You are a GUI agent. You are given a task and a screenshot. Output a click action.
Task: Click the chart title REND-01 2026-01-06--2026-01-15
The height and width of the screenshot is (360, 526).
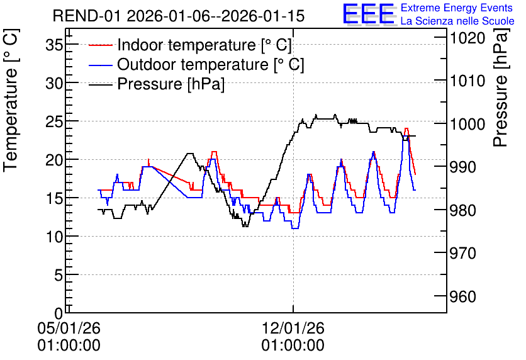pyautogui.click(x=179, y=16)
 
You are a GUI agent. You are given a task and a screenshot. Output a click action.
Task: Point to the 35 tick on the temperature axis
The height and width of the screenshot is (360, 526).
pyautogui.click(x=54, y=45)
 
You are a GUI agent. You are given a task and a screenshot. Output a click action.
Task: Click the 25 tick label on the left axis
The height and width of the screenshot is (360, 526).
pyautogui.click(x=54, y=121)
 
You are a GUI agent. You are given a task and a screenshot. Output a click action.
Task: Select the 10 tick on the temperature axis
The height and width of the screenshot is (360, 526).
pyautogui.click(x=54, y=237)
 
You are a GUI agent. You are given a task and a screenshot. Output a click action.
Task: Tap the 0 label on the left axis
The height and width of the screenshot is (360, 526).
pyautogui.click(x=59, y=313)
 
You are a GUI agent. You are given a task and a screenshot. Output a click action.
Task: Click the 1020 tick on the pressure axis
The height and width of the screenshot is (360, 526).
pyautogui.click(x=467, y=38)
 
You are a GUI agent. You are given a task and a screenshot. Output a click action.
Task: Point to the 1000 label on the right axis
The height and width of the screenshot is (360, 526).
pyautogui.click(x=467, y=125)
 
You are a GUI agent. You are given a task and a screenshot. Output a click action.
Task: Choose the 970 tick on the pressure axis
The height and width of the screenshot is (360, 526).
pyautogui.click(x=463, y=253)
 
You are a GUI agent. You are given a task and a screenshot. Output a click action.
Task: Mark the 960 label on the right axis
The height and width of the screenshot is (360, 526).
pyautogui.click(x=463, y=296)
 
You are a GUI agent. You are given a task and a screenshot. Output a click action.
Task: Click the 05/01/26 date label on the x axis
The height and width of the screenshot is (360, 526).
pyautogui.click(x=69, y=328)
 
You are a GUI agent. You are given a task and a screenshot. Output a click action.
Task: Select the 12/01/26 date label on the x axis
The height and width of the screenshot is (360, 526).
pyautogui.click(x=293, y=328)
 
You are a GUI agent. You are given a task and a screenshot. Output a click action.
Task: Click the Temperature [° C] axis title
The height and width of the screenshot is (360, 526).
pyautogui.click(x=11, y=101)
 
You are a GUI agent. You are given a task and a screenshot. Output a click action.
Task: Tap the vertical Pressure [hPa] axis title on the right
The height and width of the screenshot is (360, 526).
pyautogui.click(x=501, y=87)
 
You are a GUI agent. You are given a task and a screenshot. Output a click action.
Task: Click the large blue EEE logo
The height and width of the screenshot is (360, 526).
pyautogui.click(x=368, y=14)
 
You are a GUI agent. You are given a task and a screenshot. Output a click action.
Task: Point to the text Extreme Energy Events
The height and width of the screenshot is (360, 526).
pyautogui.click(x=457, y=8)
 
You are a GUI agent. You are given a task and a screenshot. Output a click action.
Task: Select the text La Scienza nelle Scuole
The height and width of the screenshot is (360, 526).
pyautogui.click(x=457, y=21)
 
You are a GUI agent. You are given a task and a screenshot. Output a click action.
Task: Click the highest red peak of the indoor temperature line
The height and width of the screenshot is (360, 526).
pyautogui.click(x=406, y=128)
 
